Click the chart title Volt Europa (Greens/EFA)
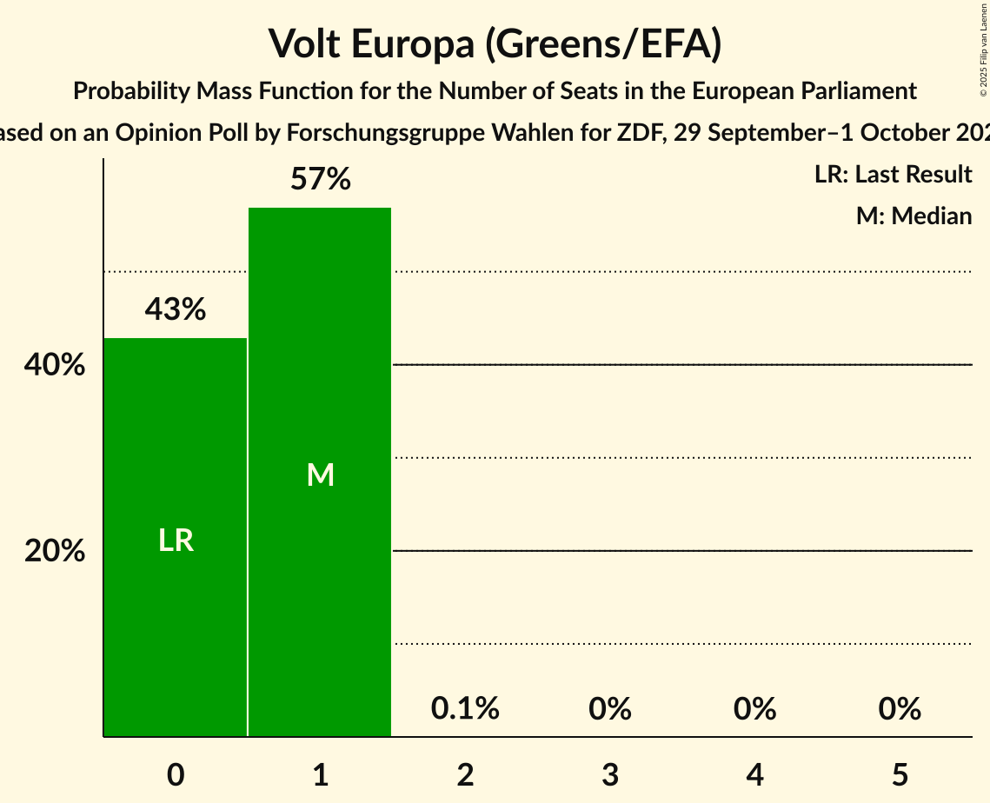tap(495, 43)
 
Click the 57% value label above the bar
tap(320, 180)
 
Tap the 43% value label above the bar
tap(176, 309)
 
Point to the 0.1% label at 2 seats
tap(465, 709)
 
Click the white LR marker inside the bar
tap(176, 541)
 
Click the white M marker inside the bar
tap(320, 474)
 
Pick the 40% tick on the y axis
tap(55, 365)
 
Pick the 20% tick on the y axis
tap(55, 551)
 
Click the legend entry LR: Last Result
tap(893, 175)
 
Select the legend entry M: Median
tap(914, 216)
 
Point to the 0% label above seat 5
tap(900, 709)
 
